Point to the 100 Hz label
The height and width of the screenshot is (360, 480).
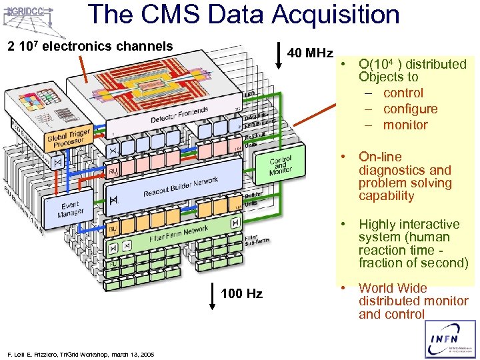pos(241,294)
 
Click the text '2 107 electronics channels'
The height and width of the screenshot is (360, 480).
pos(89,47)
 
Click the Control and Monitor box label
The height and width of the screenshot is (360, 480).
pos(281,166)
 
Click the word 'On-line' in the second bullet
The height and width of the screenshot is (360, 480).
pos(380,157)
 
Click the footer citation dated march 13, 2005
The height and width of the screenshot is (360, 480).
pos(79,354)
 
